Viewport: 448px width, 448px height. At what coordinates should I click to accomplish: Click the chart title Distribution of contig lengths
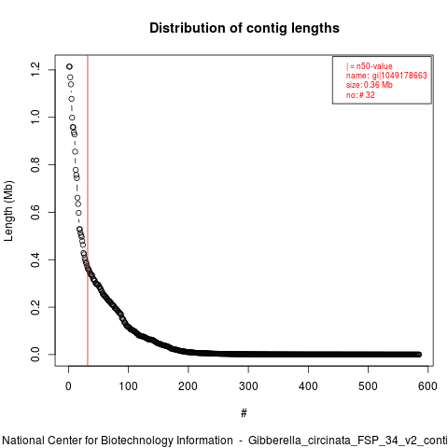(x=245, y=28)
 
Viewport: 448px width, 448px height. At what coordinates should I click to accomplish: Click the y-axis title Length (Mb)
(x=8, y=211)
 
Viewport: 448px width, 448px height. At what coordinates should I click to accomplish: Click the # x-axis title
(x=244, y=413)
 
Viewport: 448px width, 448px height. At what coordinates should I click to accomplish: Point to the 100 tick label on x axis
(x=128, y=386)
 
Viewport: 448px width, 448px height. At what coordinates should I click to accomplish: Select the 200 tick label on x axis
(x=188, y=386)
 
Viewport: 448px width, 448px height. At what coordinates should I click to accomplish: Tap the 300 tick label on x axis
(x=248, y=386)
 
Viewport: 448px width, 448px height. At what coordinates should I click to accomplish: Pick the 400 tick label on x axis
(x=308, y=386)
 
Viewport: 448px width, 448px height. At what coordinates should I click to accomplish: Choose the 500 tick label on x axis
(x=368, y=386)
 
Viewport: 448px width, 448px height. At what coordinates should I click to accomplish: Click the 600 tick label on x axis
(x=427, y=386)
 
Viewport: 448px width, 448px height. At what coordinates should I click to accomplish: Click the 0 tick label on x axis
(x=68, y=386)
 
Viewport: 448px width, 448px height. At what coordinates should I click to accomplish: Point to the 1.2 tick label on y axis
(x=35, y=69)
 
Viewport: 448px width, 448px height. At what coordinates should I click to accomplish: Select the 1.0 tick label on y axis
(x=35, y=117)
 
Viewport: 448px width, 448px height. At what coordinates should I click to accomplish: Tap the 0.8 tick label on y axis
(x=35, y=164)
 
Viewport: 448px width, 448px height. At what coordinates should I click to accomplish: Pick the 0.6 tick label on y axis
(x=35, y=212)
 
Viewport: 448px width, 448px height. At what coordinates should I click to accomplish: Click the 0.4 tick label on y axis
(x=35, y=259)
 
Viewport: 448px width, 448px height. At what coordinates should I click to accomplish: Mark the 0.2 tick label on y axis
(x=35, y=307)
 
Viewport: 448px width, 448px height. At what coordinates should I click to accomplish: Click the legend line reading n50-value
(x=370, y=66)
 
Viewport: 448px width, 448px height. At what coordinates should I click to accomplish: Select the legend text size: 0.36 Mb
(x=370, y=85)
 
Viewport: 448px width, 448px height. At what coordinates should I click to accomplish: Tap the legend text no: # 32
(x=360, y=95)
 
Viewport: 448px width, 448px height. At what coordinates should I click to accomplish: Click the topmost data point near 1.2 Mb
(x=69, y=66)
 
